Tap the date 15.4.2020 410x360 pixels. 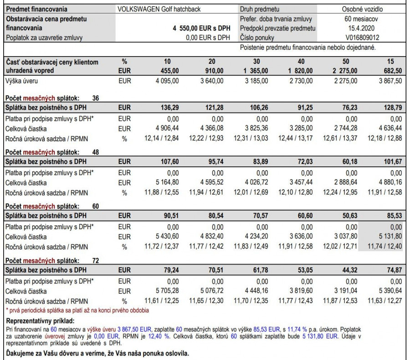362,28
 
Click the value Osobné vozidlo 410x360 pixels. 362,9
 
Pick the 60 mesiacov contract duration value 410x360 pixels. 362,19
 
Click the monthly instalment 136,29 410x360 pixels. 169,108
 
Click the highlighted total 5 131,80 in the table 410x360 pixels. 389,237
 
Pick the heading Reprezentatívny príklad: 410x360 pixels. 35,321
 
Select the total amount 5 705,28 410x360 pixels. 166,291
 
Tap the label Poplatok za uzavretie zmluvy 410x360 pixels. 44,38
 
